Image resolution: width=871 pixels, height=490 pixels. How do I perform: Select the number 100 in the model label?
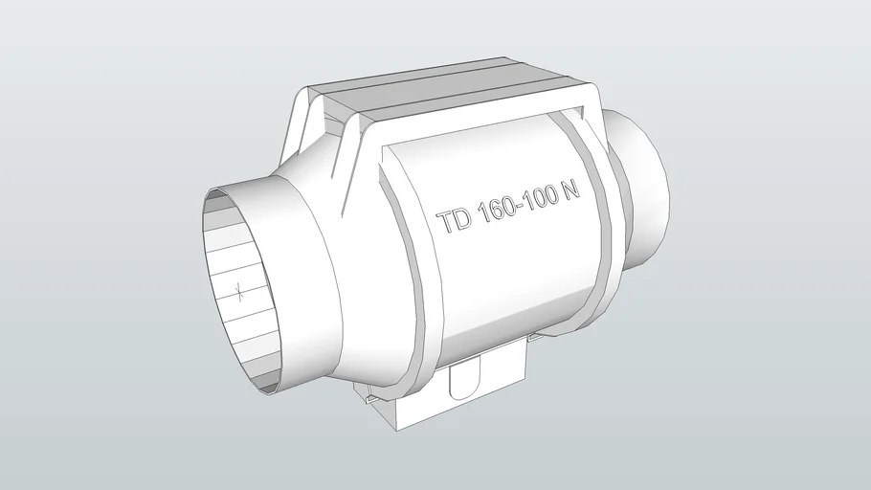pyautogui.click(x=542, y=195)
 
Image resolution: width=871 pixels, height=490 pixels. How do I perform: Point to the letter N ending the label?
pyautogui.click(x=571, y=188)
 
